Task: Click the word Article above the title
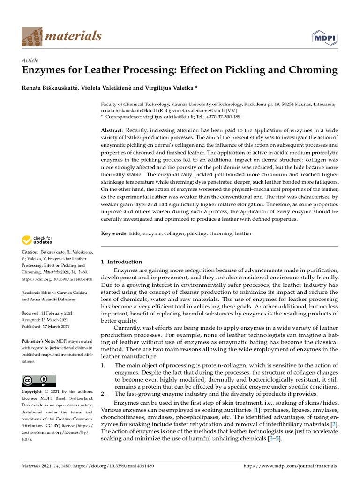tap(30, 60)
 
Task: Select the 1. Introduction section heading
tap(121, 262)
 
